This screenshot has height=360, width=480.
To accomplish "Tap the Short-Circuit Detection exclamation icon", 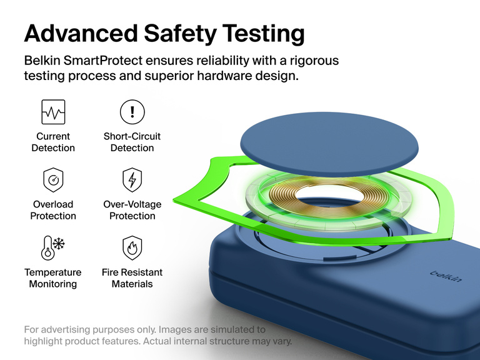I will (132, 112).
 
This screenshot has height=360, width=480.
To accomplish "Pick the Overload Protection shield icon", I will (53, 181).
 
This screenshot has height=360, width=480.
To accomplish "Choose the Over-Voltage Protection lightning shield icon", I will (132, 180).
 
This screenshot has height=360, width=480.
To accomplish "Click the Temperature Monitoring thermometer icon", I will (53, 247).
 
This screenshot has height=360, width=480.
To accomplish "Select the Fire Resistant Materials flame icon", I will (132, 248).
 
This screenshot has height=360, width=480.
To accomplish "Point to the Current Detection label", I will (53, 142).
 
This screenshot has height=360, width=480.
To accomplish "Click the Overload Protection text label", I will (53, 210).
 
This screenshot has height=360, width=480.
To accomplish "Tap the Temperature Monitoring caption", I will (53, 278).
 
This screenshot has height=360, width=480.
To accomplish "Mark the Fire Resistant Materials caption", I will (132, 278).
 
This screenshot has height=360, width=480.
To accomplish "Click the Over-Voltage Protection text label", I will (132, 210).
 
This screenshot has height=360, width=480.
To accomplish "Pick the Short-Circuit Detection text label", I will (132, 142).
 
